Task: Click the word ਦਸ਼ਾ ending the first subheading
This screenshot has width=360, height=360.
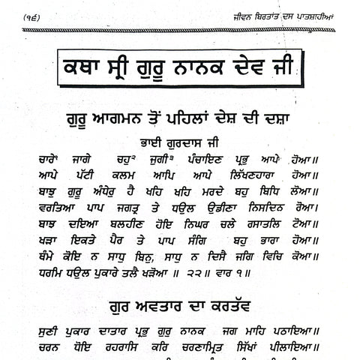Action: click(x=288, y=118)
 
